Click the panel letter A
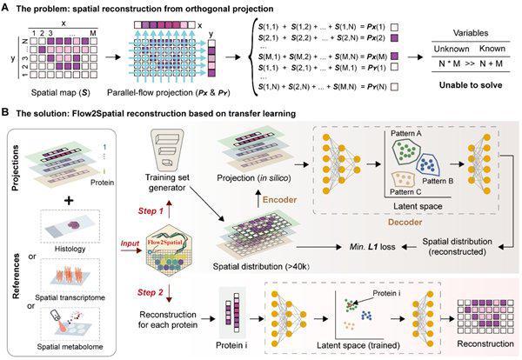coord(7,7)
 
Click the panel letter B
coord(7,112)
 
